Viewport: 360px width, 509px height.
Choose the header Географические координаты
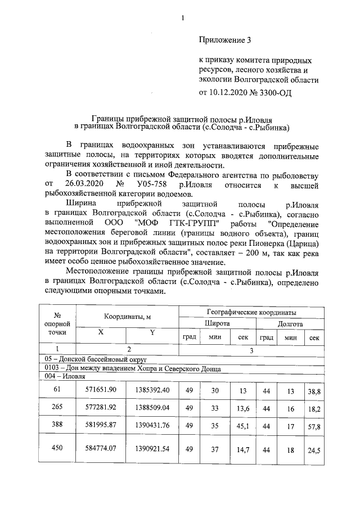(251, 312)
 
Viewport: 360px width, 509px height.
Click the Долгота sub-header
(290, 325)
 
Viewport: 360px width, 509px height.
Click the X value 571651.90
(101, 390)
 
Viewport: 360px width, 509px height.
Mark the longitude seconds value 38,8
(313, 390)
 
